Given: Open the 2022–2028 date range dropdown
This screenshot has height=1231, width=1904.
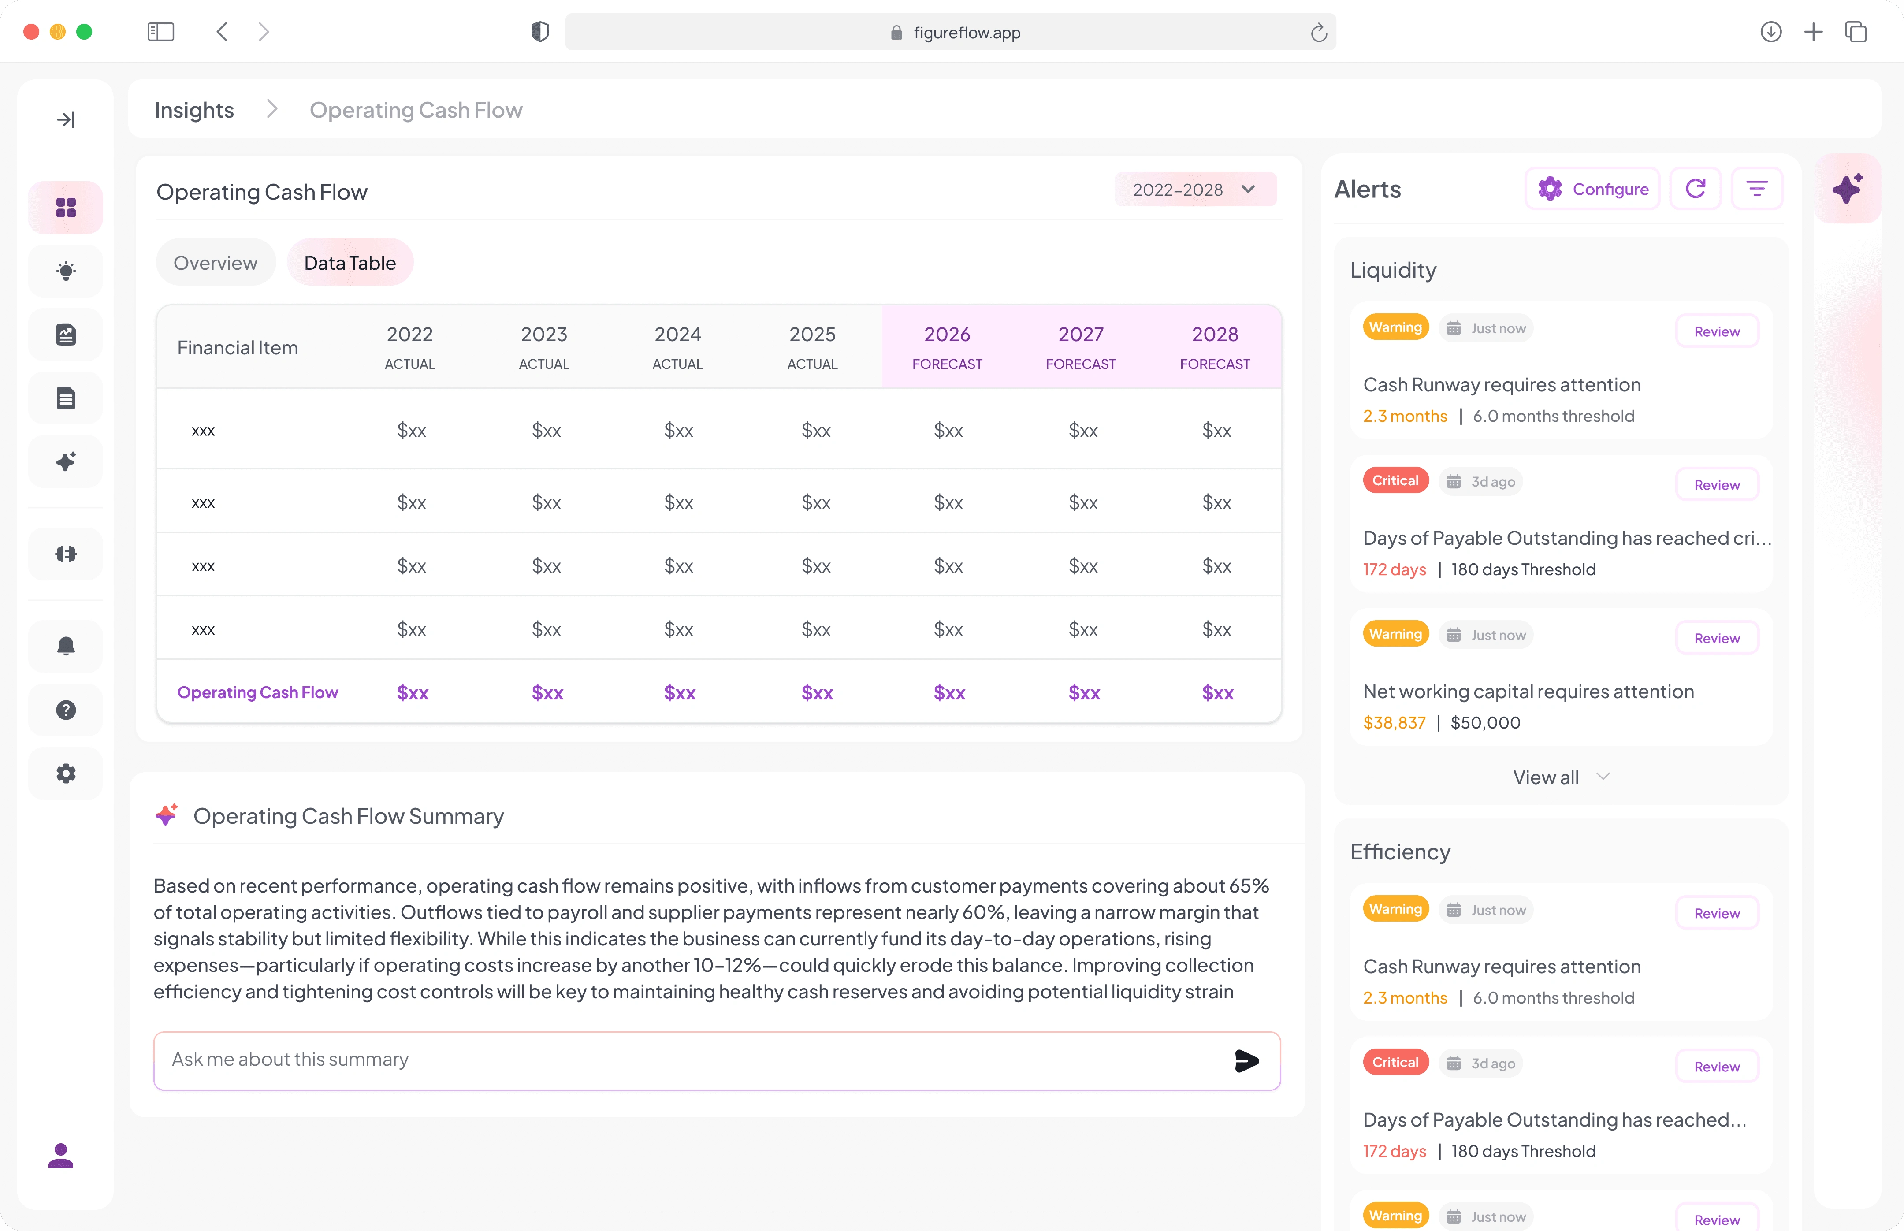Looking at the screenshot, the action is pyautogui.click(x=1195, y=190).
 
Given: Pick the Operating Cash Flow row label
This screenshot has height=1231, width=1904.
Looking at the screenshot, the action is pyautogui.click(x=257, y=692).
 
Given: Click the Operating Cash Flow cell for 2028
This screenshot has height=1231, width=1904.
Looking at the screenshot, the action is pyautogui.click(x=1217, y=693).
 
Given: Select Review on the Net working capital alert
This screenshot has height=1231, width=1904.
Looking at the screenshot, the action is pyautogui.click(x=1717, y=638).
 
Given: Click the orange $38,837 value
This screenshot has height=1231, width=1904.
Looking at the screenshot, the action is pyautogui.click(x=1394, y=723).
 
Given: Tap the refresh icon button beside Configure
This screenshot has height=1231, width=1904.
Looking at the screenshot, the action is pyautogui.click(x=1696, y=189).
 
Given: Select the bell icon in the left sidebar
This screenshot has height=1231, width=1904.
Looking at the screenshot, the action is pyautogui.click(x=67, y=646).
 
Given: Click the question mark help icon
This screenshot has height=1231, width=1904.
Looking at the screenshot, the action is pyautogui.click(x=67, y=710).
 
